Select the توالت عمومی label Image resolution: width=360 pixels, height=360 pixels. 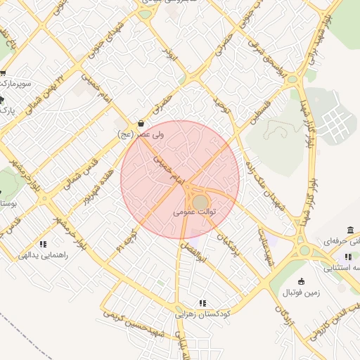[x=194, y=211]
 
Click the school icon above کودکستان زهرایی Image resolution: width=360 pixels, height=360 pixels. [x=202, y=303]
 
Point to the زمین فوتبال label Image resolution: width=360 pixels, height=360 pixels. [x=300, y=292]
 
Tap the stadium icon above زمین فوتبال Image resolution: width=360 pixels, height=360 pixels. [x=302, y=281]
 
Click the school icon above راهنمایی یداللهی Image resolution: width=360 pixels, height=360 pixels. [x=43, y=245]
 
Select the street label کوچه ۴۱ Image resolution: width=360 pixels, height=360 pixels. [x=127, y=241]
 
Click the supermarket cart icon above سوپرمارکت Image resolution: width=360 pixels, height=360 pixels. [x=4, y=73]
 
